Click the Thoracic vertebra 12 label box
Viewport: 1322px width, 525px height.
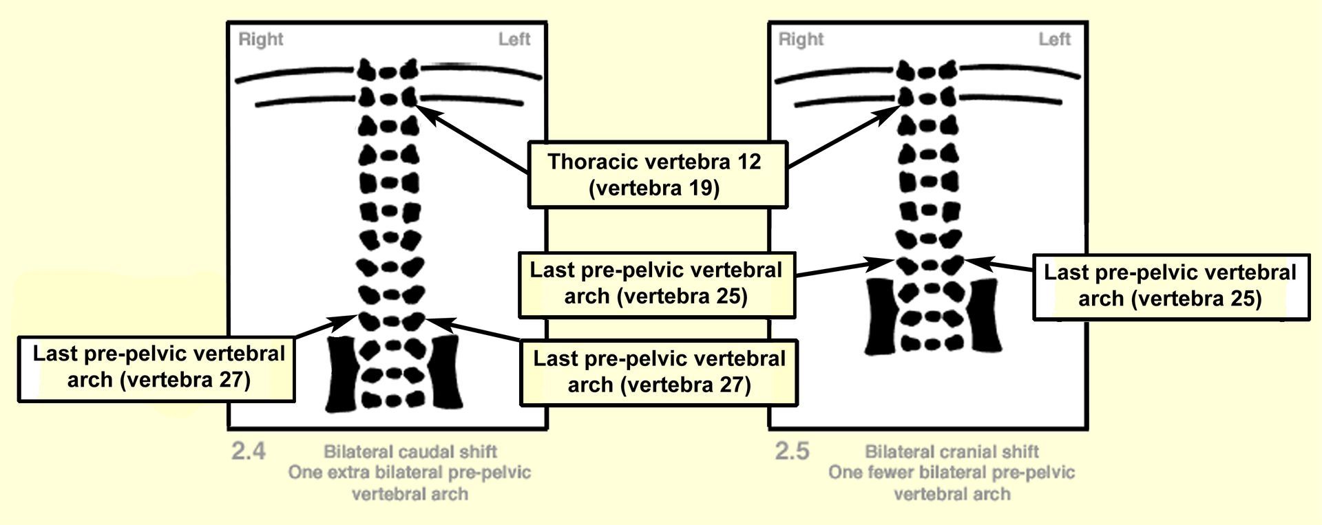(x=657, y=175)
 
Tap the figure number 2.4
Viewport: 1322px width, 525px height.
(x=249, y=452)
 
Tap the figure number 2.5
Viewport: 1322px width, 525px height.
(x=792, y=452)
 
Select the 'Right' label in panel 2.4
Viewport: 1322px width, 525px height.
(x=261, y=40)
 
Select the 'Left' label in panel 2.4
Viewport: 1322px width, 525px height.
(x=514, y=39)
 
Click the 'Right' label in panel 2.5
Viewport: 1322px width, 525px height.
(x=801, y=40)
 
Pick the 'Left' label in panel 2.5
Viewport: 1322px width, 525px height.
(x=1054, y=39)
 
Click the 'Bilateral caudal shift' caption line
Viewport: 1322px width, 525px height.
(x=410, y=452)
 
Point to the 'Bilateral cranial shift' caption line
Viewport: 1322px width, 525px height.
(x=952, y=452)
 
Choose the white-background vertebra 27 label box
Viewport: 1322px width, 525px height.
(x=156, y=368)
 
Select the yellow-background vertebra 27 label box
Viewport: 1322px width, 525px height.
(x=658, y=372)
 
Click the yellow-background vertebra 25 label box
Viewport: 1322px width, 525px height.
(x=656, y=284)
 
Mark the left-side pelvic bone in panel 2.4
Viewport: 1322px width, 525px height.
(x=446, y=374)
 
